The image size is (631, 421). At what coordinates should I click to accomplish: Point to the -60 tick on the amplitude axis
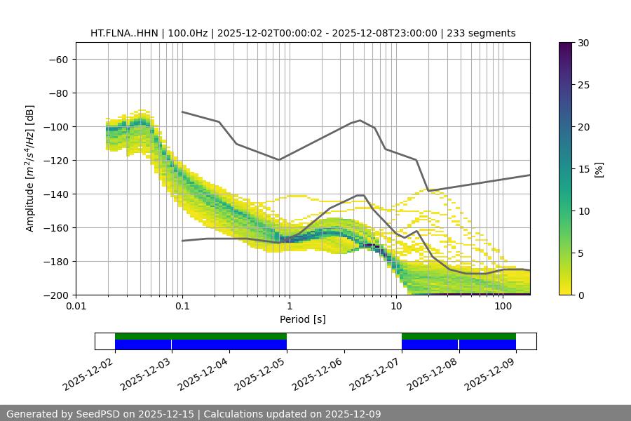pos(58,59)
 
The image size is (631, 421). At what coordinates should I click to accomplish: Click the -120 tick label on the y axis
pos(55,160)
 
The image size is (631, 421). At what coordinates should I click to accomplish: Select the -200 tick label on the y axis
pos(55,295)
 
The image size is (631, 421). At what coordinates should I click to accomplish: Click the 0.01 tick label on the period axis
pos(76,307)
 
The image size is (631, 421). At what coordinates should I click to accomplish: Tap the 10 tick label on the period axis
pos(396,307)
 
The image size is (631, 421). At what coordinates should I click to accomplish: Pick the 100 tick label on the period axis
pos(503,307)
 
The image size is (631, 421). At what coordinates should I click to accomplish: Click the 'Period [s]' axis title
pos(303,319)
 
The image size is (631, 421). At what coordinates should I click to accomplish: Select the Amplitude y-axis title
pos(30,168)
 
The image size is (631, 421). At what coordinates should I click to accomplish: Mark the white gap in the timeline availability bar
pos(344,341)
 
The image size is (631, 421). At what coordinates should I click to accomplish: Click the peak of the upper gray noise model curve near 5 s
pos(360,120)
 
